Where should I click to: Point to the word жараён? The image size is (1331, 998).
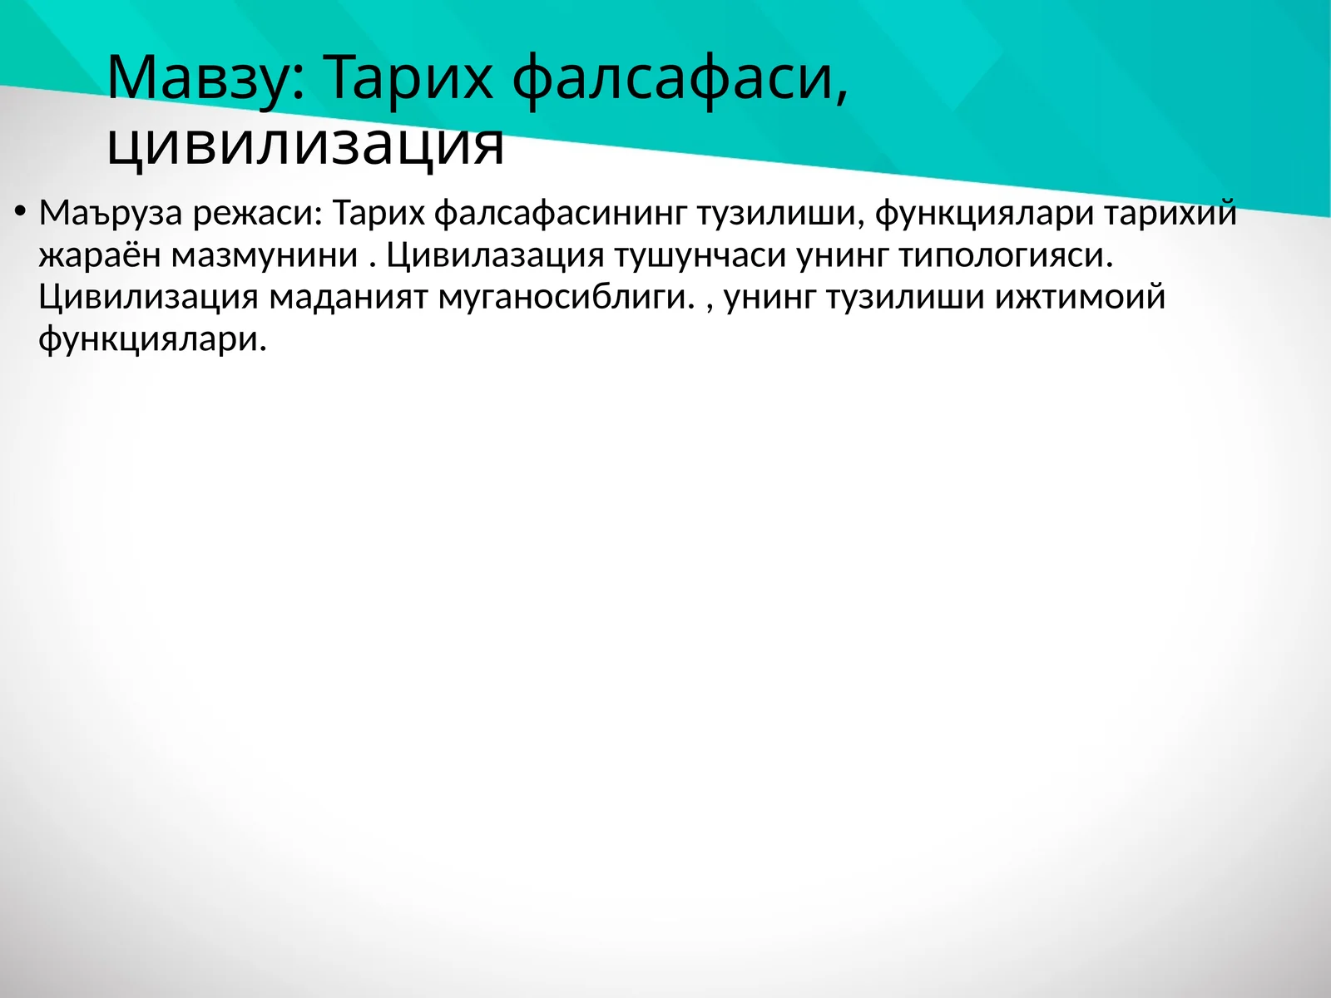(x=99, y=255)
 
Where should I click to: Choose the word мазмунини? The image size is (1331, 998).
(x=265, y=255)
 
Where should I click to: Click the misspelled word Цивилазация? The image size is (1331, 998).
(x=495, y=255)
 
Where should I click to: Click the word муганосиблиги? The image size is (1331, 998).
(x=566, y=297)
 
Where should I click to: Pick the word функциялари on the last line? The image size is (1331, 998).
(x=152, y=338)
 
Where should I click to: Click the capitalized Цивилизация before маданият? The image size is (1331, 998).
(x=148, y=297)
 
